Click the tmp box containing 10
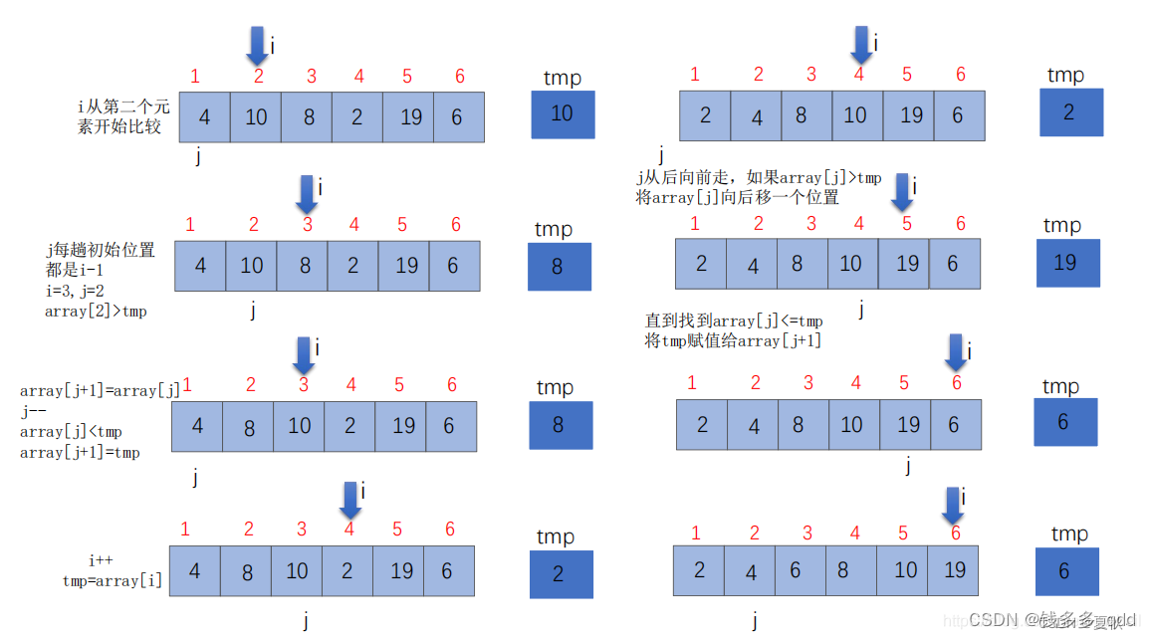tap(563, 113)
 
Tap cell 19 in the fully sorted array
tap(954, 570)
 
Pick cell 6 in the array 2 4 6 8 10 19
tap(796, 570)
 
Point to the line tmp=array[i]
tap(113, 580)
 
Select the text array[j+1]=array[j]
tap(100, 391)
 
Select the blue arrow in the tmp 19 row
tap(902, 191)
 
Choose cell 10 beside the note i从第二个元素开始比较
tap(256, 117)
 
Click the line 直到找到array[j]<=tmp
tap(735, 320)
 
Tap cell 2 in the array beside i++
tap(347, 571)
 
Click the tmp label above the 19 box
tap(1061, 226)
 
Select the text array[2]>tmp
tap(96, 311)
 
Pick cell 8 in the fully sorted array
tap(843, 570)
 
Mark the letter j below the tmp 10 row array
tap(197, 155)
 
